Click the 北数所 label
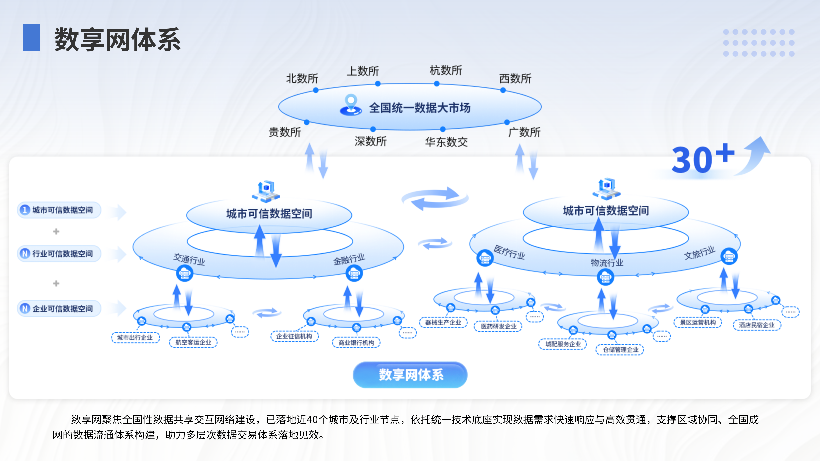302,78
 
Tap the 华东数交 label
446,142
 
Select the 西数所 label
515,78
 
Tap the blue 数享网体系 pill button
410,375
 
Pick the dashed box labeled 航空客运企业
193,342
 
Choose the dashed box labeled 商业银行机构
356,343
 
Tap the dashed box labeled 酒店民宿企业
757,325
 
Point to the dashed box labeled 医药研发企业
498,326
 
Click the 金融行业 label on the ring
349,259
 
